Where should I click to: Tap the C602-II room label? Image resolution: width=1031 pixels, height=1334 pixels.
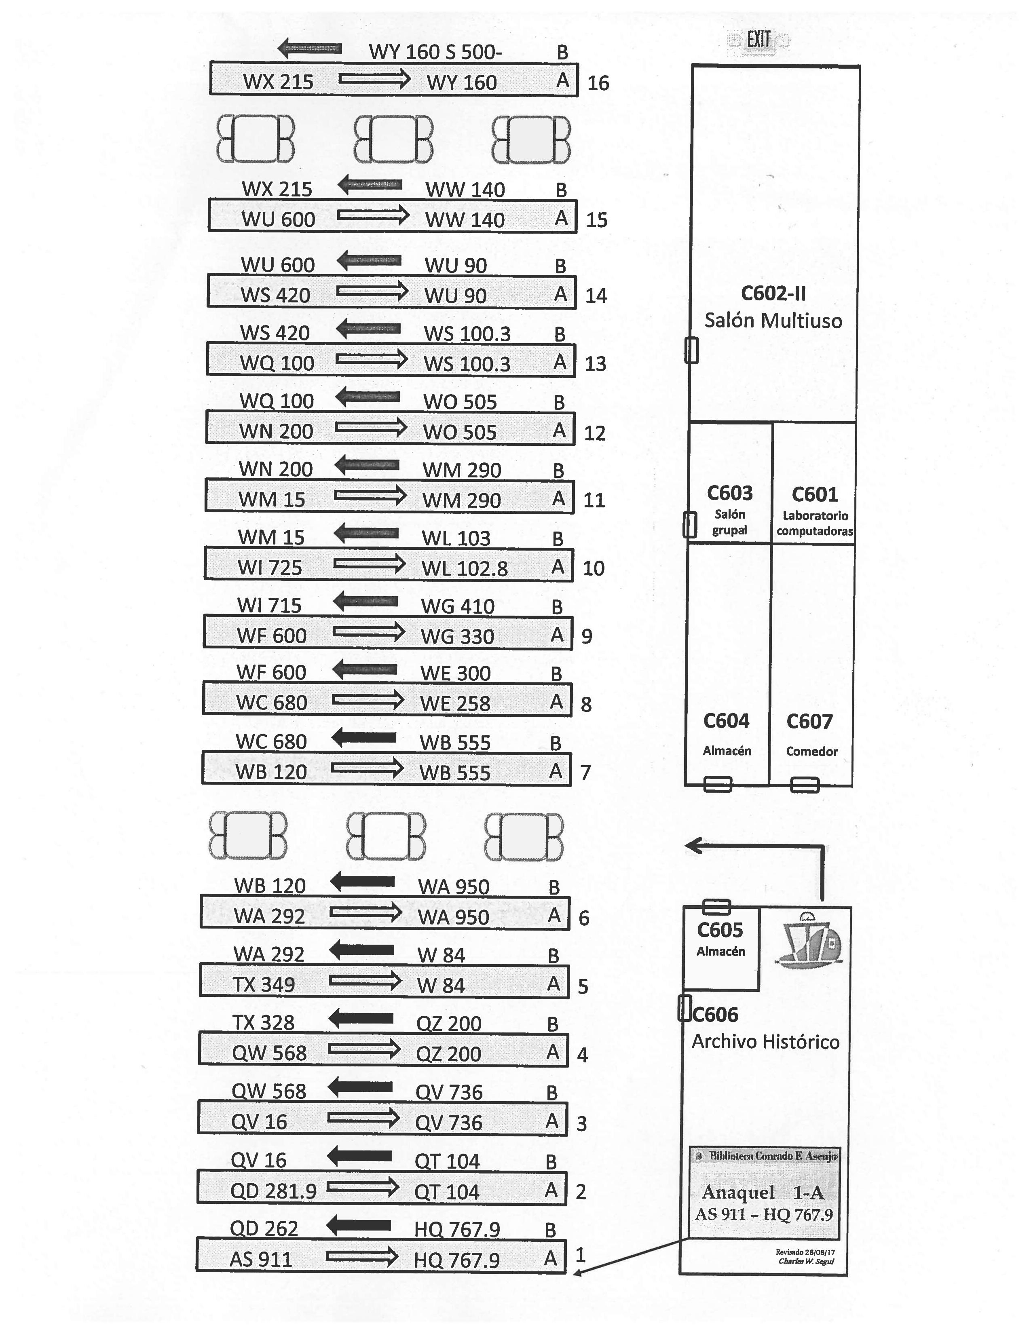(773, 294)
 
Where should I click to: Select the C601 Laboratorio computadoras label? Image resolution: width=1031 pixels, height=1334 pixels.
(814, 511)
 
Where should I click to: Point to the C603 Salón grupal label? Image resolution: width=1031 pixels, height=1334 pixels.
(729, 509)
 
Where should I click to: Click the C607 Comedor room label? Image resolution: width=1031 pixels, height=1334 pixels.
(811, 734)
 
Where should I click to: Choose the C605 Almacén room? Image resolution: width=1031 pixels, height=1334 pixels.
(721, 939)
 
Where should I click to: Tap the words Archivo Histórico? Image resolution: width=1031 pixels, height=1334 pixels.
(765, 1041)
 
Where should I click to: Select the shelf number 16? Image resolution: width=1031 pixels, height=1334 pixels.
(598, 83)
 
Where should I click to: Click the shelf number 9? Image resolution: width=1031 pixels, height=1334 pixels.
(586, 636)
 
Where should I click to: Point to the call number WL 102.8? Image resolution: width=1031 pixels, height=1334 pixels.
(464, 569)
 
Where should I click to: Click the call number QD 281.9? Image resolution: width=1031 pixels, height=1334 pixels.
(273, 1191)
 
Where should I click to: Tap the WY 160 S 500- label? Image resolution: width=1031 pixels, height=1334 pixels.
(435, 52)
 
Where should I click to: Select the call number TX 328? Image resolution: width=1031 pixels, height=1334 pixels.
(263, 1022)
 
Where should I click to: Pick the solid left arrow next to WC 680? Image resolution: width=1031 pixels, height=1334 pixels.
(364, 738)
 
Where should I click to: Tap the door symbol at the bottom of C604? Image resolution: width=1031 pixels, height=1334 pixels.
(717, 784)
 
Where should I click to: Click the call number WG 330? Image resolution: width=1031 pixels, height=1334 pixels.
(457, 636)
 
